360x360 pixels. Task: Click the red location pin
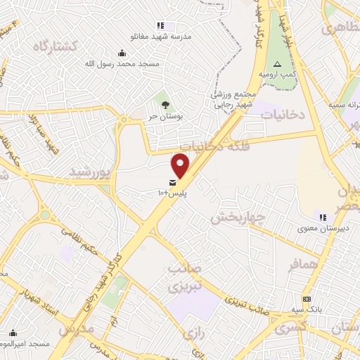click(x=181, y=165)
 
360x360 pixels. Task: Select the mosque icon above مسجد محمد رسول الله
click(x=122, y=53)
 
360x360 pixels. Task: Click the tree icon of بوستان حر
click(x=165, y=105)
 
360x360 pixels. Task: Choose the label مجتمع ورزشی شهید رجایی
click(x=237, y=99)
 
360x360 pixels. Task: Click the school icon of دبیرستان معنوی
click(x=323, y=217)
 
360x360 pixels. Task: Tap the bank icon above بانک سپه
click(x=307, y=299)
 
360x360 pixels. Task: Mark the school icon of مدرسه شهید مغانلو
click(x=161, y=25)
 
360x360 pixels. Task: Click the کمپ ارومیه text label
click(x=271, y=74)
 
